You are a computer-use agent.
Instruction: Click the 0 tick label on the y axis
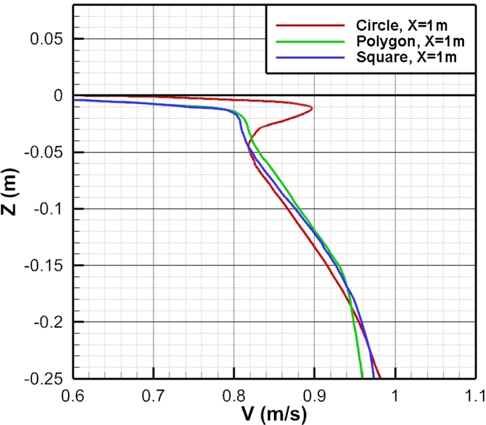coord(58,95)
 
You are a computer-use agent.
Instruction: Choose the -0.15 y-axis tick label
coord(44,265)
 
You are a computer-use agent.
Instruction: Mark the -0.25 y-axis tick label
coord(44,378)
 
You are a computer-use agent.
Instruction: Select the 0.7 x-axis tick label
coord(154,395)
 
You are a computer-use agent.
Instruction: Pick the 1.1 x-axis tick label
coord(468,395)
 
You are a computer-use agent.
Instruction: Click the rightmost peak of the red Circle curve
coord(312,109)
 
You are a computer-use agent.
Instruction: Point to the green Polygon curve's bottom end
coord(361,377)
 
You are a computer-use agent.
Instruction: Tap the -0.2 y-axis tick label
coord(47,322)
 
